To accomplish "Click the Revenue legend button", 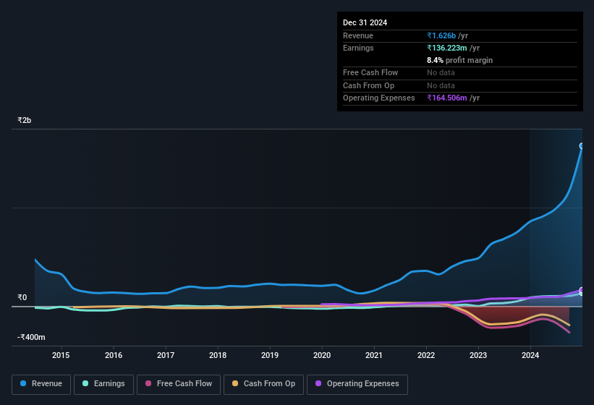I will [x=41, y=384].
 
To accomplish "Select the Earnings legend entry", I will [x=103, y=384].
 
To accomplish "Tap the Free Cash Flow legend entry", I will [x=179, y=384].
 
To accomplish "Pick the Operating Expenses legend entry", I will [x=357, y=384].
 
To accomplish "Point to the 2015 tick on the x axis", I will [x=61, y=355].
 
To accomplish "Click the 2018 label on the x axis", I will [x=218, y=355].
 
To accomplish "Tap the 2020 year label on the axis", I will [x=322, y=355].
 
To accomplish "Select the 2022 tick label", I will [x=426, y=355].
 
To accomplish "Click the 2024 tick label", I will [x=530, y=355].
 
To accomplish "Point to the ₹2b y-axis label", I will [x=25, y=120].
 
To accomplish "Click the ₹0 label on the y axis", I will [x=22, y=297].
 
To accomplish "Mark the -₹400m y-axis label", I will [x=32, y=337].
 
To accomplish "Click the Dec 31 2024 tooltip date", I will [x=365, y=22].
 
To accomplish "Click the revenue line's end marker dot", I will [x=582, y=146].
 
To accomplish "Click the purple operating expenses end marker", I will [x=582, y=290].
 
